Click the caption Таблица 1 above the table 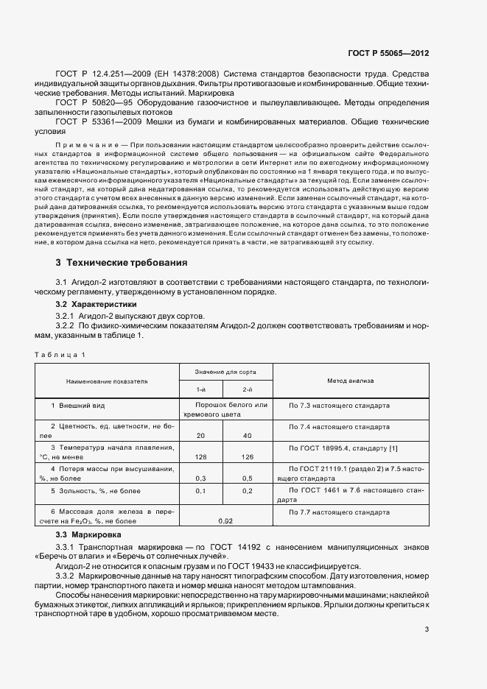point(60,355)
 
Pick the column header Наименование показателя point(107,382)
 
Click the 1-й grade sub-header point(200,389)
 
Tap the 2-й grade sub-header point(248,389)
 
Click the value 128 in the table point(200,456)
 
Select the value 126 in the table point(248,456)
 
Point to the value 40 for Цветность point(248,436)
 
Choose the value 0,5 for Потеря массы point(248,478)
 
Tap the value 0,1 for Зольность point(200,490)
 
